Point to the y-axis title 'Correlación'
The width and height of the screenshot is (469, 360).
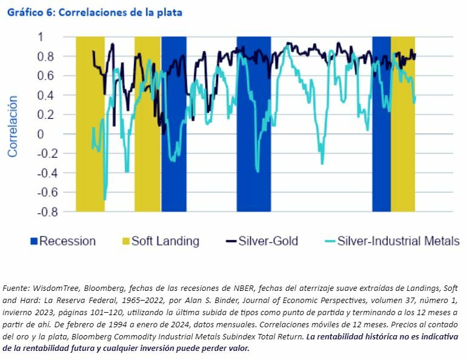pos(13,126)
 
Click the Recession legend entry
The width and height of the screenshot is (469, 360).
pos(67,241)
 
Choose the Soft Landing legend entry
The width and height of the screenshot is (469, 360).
pos(165,241)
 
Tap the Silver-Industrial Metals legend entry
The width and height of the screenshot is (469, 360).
pos(398,241)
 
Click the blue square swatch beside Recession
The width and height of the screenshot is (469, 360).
pos(34,241)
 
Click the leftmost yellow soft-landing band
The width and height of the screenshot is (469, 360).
pos(90,124)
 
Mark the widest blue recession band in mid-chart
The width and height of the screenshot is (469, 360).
pos(253,124)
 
